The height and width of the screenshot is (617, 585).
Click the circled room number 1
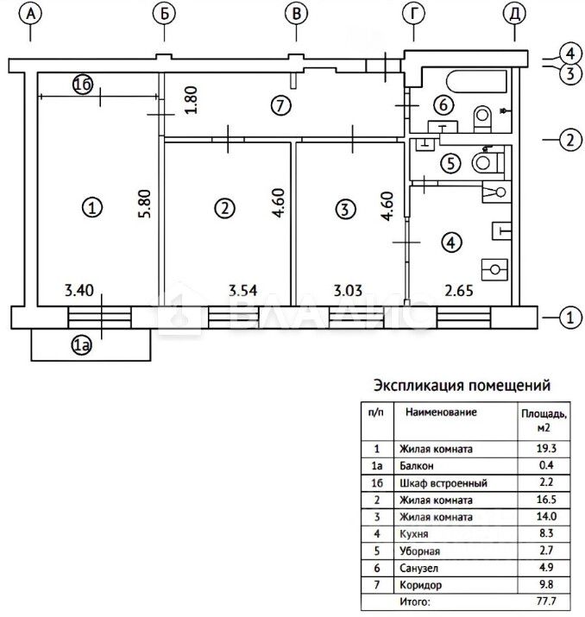coord(92,207)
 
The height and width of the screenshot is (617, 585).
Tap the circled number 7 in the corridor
coord(278,105)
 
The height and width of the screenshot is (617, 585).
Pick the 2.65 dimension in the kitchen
coord(457,292)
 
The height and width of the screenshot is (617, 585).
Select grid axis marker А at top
coord(31,14)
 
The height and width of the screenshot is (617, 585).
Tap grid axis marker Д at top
coord(514,14)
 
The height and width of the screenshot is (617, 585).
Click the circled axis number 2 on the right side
coord(569,139)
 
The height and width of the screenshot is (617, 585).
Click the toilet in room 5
coord(488,161)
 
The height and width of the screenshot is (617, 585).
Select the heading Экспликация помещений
coord(461,385)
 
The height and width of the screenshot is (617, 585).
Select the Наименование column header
coord(441,412)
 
